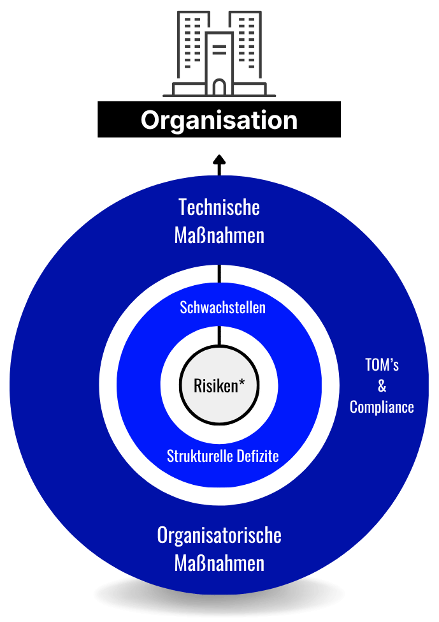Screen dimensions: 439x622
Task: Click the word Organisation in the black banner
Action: coord(219,120)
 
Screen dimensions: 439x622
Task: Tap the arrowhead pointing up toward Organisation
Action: coord(219,159)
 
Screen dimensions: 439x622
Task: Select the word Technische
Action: coord(219,207)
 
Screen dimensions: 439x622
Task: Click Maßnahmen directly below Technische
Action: coord(219,235)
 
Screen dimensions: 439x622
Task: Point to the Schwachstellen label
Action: coord(222,307)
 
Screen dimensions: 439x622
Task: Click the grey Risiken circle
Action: coord(219,385)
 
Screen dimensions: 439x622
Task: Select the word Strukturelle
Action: coord(200,456)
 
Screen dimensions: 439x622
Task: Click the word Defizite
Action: coord(257,456)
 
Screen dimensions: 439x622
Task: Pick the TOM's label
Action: coord(382,365)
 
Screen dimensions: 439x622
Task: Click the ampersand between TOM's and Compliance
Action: coord(382,386)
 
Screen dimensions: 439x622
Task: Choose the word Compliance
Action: coord(382,408)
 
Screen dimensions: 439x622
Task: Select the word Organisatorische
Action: coord(219,535)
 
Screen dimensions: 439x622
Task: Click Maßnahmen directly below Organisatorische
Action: coord(219,564)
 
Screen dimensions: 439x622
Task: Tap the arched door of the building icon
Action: coord(219,87)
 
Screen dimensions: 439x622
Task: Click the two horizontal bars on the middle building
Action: coord(219,50)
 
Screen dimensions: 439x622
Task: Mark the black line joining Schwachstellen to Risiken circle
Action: coord(219,336)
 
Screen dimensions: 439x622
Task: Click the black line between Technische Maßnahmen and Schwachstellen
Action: coord(219,274)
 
